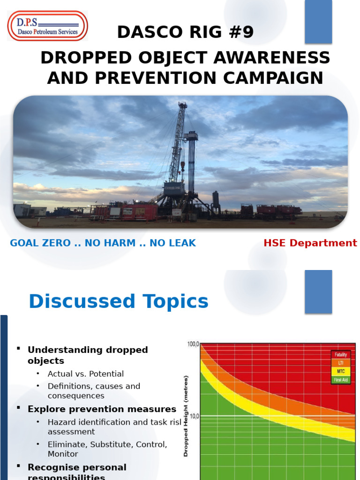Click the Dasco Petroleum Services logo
click(x=47, y=26)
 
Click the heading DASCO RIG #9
click(x=185, y=32)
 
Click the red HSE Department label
click(x=310, y=243)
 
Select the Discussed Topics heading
click(x=118, y=301)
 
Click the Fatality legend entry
click(x=340, y=355)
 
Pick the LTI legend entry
click(x=340, y=363)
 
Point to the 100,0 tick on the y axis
click(x=193, y=344)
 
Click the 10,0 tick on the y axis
click(x=194, y=416)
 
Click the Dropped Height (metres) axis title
click(x=186, y=415)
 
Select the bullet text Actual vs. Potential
click(x=85, y=374)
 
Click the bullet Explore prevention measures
click(x=102, y=409)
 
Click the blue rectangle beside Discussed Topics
click(x=318, y=292)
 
